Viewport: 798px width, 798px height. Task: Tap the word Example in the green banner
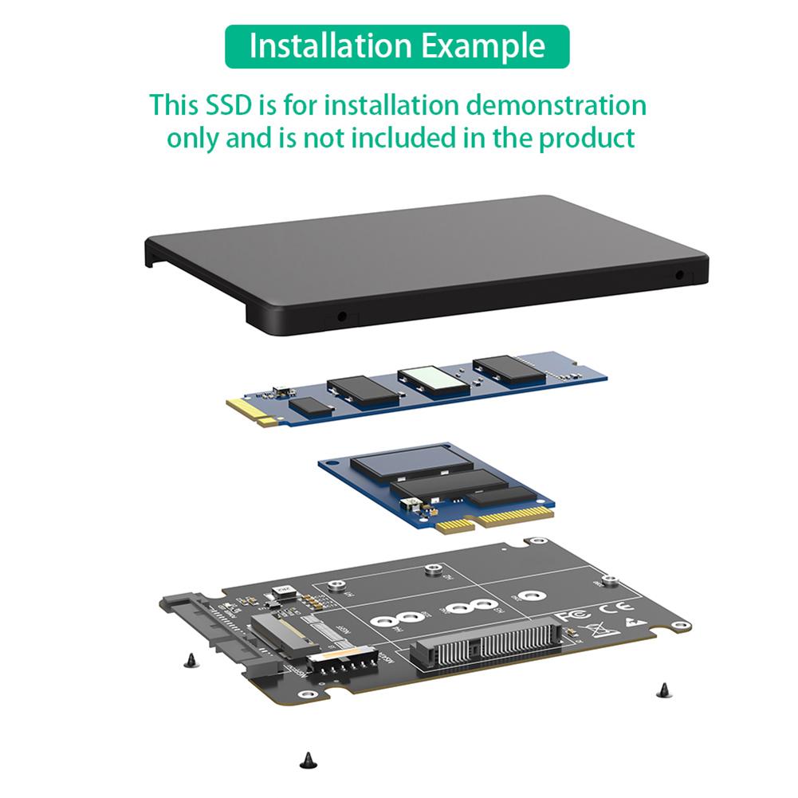484,45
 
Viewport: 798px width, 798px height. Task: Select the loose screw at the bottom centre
305,761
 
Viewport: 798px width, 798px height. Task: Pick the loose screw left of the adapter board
190,658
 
